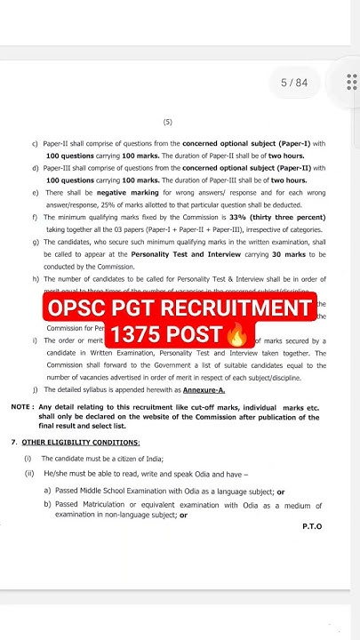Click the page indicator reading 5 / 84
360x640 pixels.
294,83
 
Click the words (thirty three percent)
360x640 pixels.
292,217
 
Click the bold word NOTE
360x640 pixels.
22,406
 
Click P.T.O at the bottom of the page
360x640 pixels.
312,526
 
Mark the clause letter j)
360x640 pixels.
34,389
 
